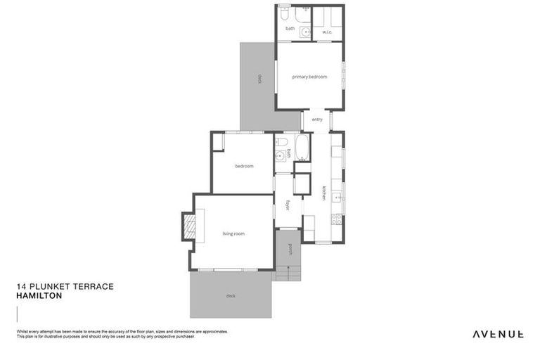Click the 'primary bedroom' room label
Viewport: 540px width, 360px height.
click(309, 77)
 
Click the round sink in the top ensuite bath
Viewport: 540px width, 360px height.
click(305, 32)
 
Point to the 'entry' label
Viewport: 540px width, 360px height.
click(317, 120)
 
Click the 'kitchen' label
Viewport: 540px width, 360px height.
click(324, 193)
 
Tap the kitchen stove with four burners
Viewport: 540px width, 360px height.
click(337, 219)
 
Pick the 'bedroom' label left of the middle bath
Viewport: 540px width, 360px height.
click(244, 166)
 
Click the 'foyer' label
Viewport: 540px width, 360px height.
click(288, 205)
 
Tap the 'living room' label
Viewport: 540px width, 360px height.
click(233, 233)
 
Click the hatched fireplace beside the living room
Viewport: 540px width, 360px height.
click(188, 226)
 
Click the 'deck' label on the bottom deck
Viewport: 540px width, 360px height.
click(231, 296)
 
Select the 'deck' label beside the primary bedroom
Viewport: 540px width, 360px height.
click(259, 79)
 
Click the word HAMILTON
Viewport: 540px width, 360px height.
click(39, 296)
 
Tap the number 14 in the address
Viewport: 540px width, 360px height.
click(20, 287)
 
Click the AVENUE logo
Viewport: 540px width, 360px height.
click(497, 334)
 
